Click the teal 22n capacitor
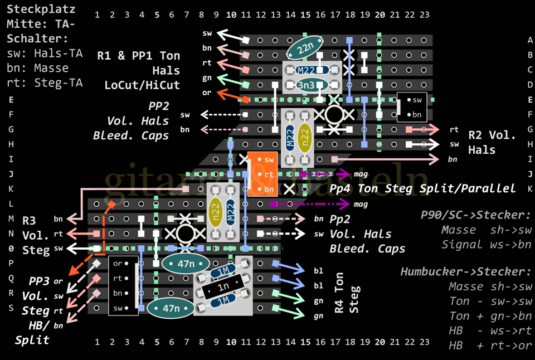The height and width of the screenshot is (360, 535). [305, 49]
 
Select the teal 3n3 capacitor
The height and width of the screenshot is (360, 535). [305, 85]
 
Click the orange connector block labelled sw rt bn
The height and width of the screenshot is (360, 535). [262, 174]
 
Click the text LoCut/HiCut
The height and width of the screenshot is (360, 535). [142, 85]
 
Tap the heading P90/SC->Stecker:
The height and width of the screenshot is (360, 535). [475, 215]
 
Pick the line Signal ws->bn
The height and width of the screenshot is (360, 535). [487, 244]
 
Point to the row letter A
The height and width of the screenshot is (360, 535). [530, 40]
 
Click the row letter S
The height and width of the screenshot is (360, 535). [11, 307]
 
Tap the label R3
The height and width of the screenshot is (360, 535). [29, 221]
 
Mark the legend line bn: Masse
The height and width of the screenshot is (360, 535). [38, 68]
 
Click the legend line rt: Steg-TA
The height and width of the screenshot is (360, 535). [45, 82]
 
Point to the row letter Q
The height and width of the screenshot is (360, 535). [11, 278]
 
